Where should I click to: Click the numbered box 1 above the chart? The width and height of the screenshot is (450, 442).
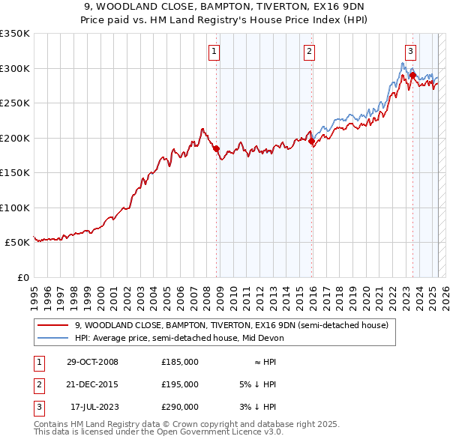coord(214,52)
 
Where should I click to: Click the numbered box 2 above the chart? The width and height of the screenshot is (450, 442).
coord(309,52)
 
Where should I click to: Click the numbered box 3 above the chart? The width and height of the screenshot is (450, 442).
coord(411,52)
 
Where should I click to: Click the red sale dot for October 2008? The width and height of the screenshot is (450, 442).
coord(217,149)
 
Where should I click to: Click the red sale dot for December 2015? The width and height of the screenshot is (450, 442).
coord(312,141)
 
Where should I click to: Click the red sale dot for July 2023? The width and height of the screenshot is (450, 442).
coord(413,76)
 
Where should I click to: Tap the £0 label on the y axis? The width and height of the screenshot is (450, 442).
coord(22,277)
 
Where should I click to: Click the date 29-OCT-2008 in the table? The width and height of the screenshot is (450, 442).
coord(93,362)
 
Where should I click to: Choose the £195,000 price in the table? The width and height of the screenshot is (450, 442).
coord(180,384)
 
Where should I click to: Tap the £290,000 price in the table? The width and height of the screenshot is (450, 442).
coord(180,407)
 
